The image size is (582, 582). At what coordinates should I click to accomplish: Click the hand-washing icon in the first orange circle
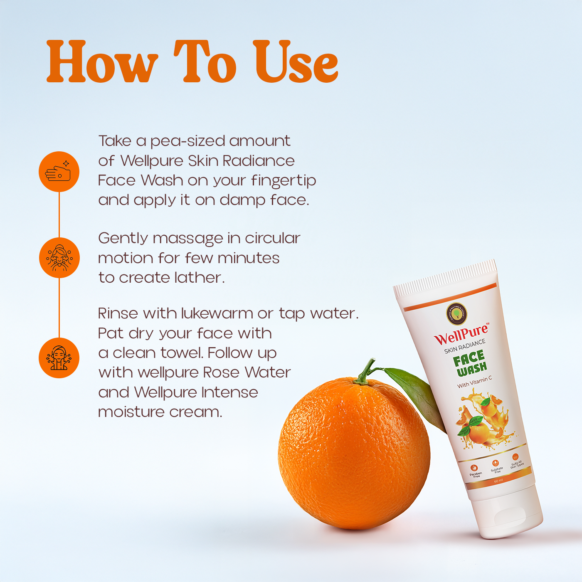tap(59, 172)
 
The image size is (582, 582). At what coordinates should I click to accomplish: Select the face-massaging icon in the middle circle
tap(59, 258)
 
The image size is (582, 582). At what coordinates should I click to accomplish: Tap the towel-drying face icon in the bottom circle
tap(59, 358)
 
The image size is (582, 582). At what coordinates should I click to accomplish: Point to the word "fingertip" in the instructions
tap(284, 181)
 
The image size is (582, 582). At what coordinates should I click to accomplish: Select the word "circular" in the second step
tap(272, 238)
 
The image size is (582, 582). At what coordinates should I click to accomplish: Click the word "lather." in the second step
tap(200, 277)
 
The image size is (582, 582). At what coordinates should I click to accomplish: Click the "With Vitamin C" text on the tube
tap(474, 382)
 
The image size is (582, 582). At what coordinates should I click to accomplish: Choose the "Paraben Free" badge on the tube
tap(475, 471)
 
